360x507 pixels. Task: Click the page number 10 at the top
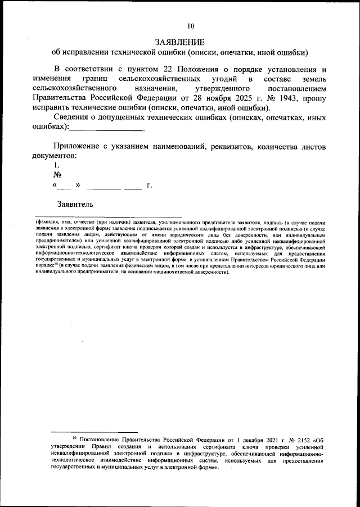click(191, 25)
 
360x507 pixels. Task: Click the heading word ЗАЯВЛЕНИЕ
click(179, 42)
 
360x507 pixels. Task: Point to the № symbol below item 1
click(57, 175)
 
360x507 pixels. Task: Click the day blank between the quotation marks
click(65, 185)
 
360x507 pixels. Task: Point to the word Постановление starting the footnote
click(99, 437)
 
